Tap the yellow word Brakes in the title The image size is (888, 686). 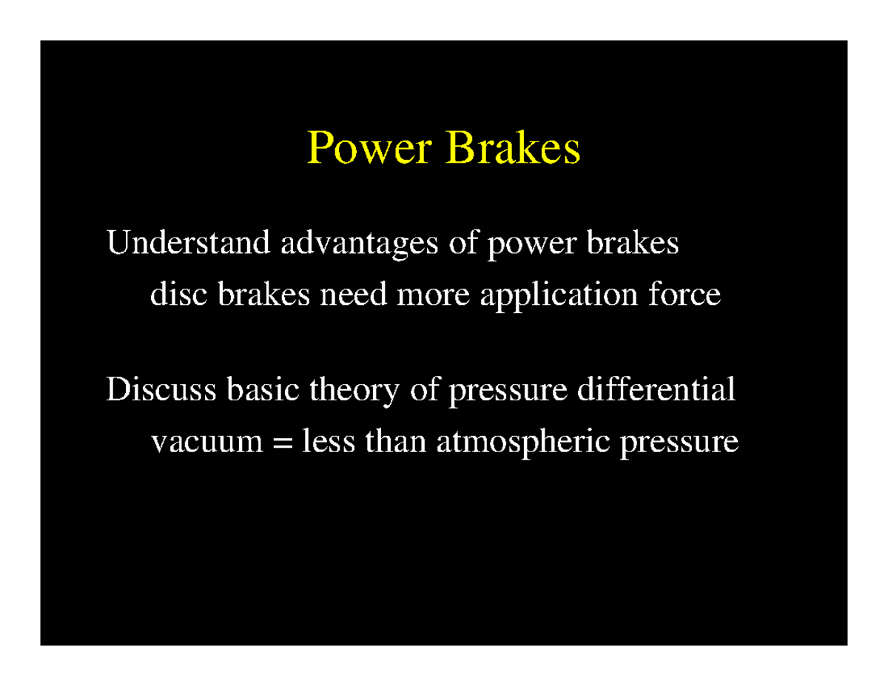click(x=513, y=149)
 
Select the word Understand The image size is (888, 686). click(x=188, y=243)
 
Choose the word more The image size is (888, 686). click(x=435, y=296)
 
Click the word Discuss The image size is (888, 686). click(x=161, y=390)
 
